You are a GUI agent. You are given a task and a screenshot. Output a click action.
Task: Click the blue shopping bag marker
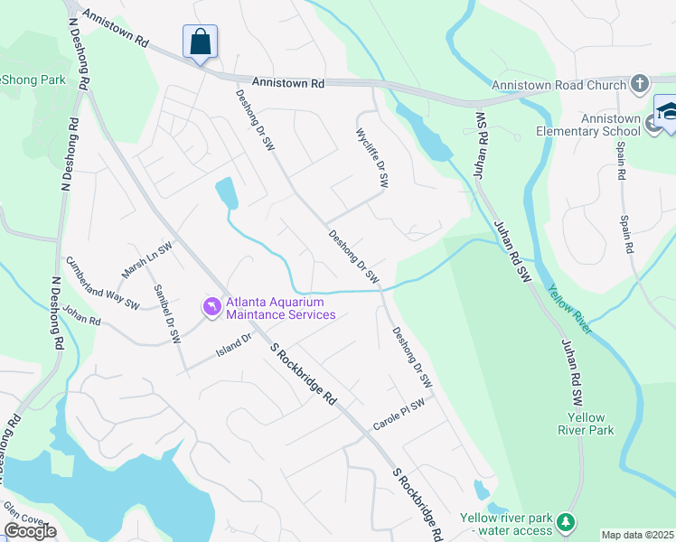[x=200, y=42]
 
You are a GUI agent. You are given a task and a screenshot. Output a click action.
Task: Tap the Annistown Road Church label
[x=559, y=86]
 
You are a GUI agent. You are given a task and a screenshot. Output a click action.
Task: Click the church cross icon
[x=640, y=85]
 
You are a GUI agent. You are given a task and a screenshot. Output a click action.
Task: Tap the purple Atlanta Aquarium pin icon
[x=211, y=308]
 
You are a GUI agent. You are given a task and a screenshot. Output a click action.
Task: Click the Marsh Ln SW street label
[x=146, y=260]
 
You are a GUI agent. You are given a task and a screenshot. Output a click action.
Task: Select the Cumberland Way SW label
[x=102, y=282]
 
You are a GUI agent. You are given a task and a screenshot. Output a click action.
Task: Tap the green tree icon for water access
[x=565, y=521]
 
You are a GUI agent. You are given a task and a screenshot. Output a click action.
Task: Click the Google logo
[x=30, y=530]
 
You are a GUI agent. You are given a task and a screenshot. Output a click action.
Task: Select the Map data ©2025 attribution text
[x=637, y=535]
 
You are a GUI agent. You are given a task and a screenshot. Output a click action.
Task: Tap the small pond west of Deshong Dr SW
[x=226, y=192]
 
